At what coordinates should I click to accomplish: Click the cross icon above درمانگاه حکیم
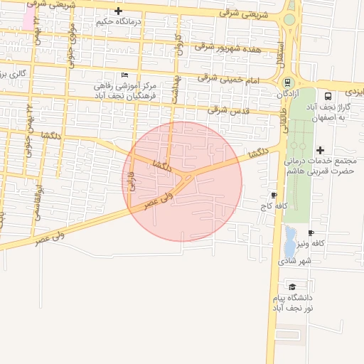tap(118, 11)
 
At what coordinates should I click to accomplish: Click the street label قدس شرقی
tap(229, 110)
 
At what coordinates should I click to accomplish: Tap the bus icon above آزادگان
tap(287, 82)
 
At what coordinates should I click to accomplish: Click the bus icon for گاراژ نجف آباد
tap(328, 96)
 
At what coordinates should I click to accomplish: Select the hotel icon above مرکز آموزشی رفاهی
tap(125, 75)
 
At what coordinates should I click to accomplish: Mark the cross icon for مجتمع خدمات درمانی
tap(320, 150)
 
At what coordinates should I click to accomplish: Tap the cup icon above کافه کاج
tap(274, 195)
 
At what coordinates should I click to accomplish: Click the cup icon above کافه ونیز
tap(311, 232)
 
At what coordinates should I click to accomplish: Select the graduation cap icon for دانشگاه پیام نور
tap(291, 286)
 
